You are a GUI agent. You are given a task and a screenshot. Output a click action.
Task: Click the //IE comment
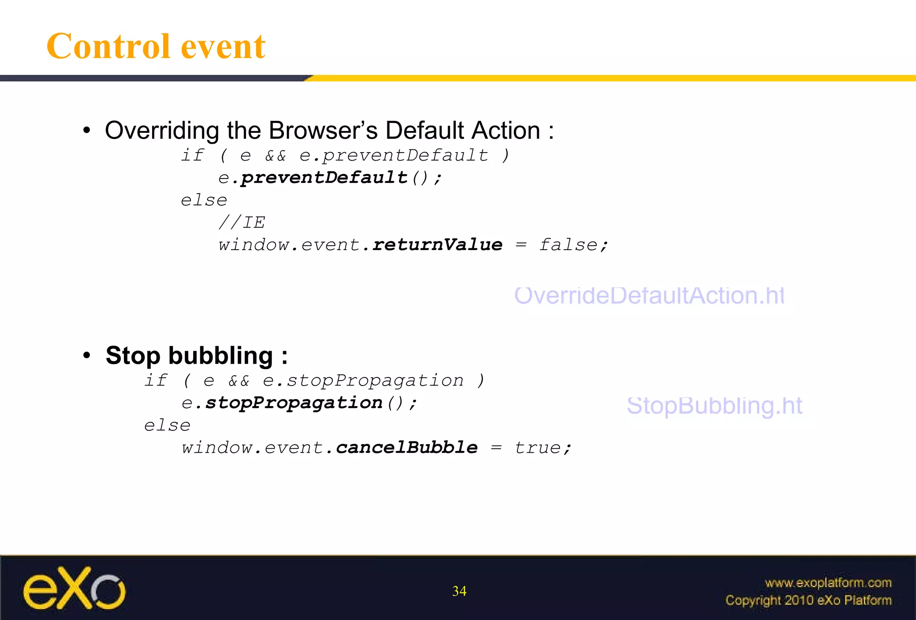coord(242,222)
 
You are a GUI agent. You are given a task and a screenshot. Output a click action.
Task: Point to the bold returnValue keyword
coord(437,245)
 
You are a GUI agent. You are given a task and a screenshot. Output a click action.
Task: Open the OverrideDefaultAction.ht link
coord(649,296)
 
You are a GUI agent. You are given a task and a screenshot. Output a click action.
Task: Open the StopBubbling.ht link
coord(714,406)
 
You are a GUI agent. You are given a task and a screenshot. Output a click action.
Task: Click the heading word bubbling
coord(221,356)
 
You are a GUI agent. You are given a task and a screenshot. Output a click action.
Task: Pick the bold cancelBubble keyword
coord(407,447)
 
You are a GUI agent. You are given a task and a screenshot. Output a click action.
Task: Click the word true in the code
coord(537,447)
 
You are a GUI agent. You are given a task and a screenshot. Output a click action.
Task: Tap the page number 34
coord(459,591)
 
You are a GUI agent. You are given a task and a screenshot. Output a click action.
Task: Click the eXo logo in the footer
coord(74,589)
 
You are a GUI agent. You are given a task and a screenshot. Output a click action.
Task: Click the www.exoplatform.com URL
coord(828,583)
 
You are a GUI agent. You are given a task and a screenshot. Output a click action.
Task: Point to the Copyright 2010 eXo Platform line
coord(808,600)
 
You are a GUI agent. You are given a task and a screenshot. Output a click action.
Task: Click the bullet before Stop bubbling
coord(87,356)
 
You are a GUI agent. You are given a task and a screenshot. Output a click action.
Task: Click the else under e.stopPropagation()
coord(167,425)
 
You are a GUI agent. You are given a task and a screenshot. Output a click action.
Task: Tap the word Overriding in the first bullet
coord(162,131)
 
